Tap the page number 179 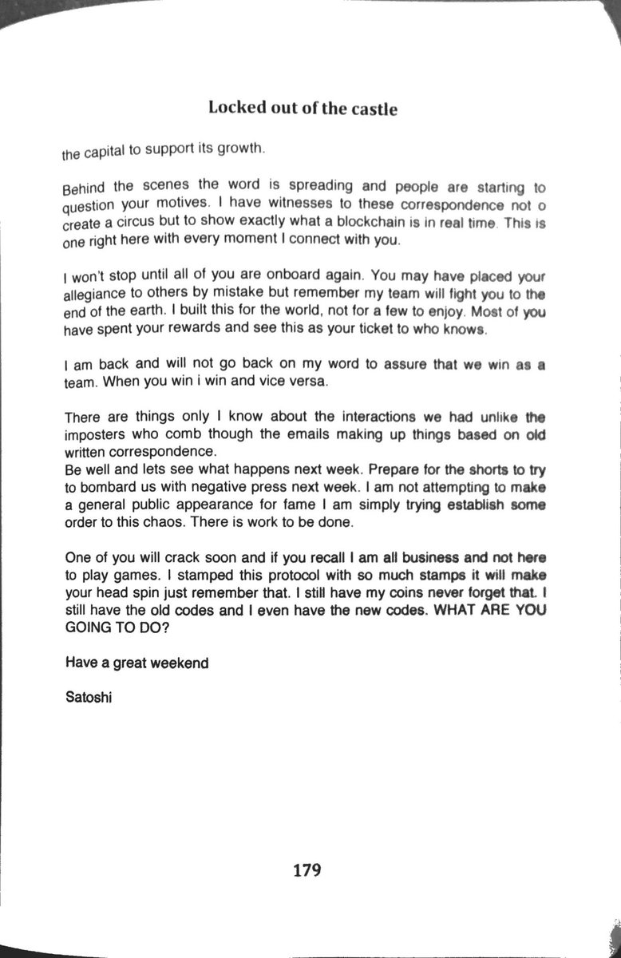point(306,869)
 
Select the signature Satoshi point(88,696)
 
